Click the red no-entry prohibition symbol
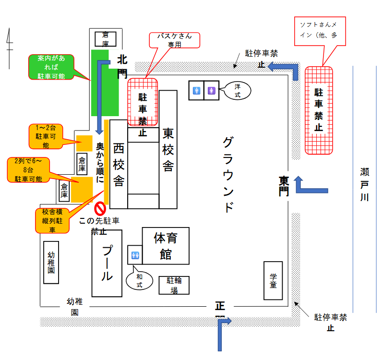click(x=99, y=209)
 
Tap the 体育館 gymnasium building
click(x=166, y=245)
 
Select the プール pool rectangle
click(x=107, y=263)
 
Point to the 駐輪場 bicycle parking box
click(x=174, y=285)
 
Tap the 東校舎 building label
click(x=168, y=149)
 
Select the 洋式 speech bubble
click(x=237, y=90)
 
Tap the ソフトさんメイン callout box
click(x=320, y=31)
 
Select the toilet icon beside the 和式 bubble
click(x=134, y=254)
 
